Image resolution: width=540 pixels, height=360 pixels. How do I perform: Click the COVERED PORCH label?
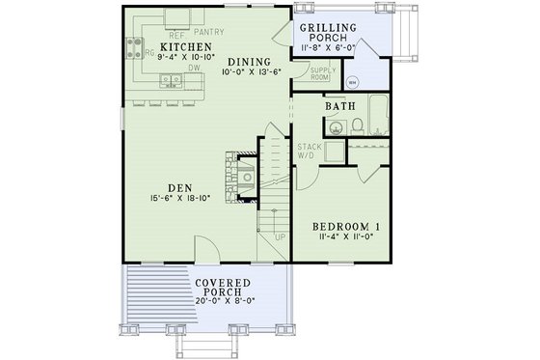pos(223,288)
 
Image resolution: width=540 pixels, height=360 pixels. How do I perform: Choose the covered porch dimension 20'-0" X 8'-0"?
pos(223,300)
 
